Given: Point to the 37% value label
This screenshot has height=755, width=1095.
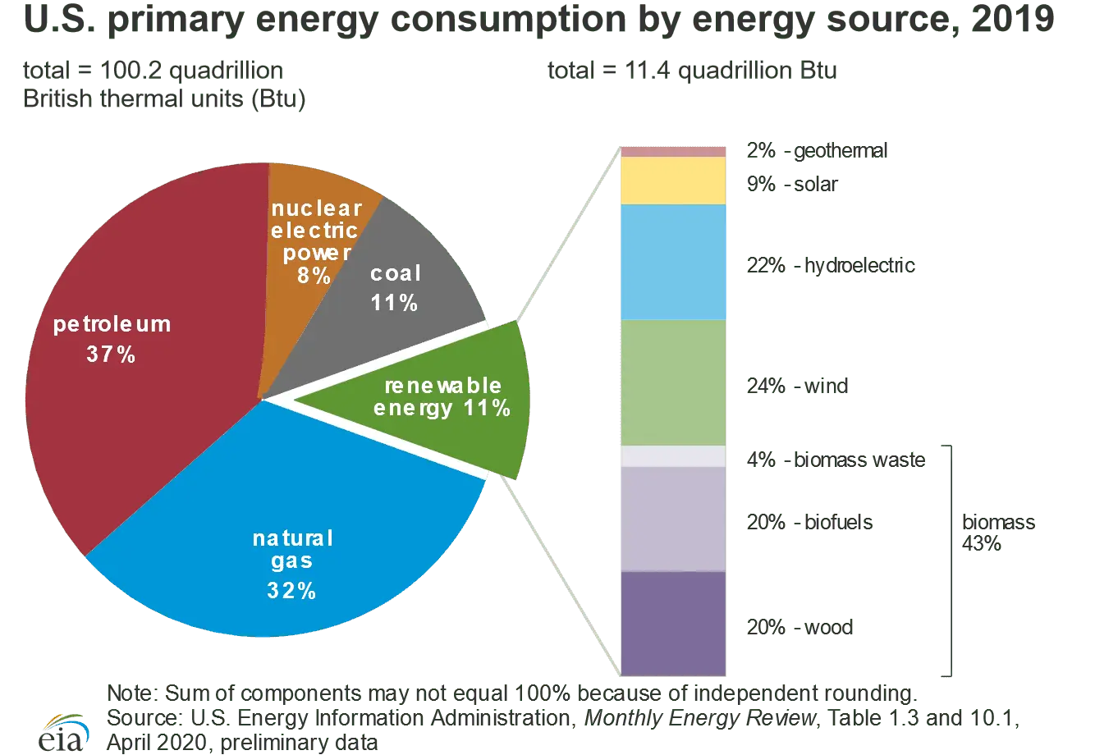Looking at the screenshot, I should click(111, 355).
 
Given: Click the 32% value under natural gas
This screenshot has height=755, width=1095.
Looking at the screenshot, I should click(291, 591).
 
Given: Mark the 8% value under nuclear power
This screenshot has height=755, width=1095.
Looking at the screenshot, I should click(314, 276).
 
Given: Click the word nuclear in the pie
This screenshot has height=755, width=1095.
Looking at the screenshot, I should click(316, 208).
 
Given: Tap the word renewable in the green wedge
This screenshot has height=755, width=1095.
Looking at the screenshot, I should click(443, 386).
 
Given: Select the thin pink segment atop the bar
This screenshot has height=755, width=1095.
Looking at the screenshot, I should click(673, 151).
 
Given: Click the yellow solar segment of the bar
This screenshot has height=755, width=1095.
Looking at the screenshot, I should click(673, 181).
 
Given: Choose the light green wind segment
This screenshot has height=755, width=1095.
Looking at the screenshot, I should click(673, 382).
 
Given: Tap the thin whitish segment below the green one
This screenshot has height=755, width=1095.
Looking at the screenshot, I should click(673, 456).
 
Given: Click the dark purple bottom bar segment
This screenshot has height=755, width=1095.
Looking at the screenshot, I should click(673, 624).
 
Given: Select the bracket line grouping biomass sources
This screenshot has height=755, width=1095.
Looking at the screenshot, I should click(951, 558).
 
